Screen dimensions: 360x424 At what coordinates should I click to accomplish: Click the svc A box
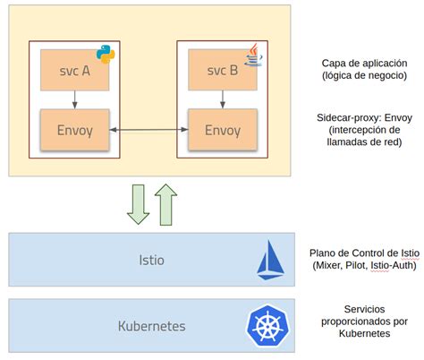[73, 73]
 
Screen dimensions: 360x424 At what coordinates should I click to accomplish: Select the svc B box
[222, 73]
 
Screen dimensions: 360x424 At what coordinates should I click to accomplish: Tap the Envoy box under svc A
[73, 130]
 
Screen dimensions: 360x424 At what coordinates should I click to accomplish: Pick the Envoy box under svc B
[222, 130]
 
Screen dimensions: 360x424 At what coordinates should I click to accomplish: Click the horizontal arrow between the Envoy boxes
[148, 131]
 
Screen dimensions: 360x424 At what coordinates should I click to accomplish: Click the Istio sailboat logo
[271, 260]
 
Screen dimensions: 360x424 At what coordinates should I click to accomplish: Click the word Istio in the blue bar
[151, 261]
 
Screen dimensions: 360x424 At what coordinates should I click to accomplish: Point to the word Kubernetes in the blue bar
[151, 325]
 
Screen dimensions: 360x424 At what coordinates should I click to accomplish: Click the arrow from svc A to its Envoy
[73, 99]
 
